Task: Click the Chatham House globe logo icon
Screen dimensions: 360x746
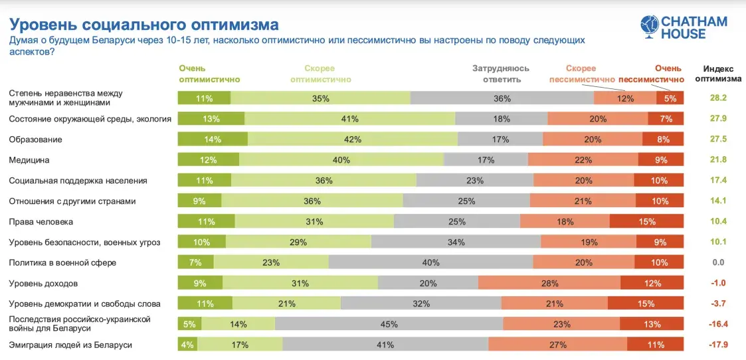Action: tap(649, 27)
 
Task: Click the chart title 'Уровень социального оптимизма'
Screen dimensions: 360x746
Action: tap(143, 25)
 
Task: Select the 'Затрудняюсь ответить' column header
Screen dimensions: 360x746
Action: tap(502, 74)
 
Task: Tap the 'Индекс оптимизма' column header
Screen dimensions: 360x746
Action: tap(717, 74)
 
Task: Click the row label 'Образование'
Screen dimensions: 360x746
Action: tap(35, 139)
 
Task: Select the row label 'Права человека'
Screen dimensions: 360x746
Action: tap(41, 221)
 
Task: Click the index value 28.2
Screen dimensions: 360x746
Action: tap(719, 98)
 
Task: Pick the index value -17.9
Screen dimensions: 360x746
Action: tap(717, 345)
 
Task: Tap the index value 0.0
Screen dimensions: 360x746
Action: tap(718, 262)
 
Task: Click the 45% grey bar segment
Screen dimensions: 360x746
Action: tap(389, 324)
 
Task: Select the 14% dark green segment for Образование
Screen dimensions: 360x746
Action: tap(213, 139)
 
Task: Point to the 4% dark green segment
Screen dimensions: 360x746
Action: tap(187, 345)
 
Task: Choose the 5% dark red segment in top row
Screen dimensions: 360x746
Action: tap(670, 98)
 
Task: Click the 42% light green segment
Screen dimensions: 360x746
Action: tap(353, 139)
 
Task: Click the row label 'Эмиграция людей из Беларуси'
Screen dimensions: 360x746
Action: tap(70, 345)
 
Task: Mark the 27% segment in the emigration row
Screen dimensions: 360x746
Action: tap(557, 345)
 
